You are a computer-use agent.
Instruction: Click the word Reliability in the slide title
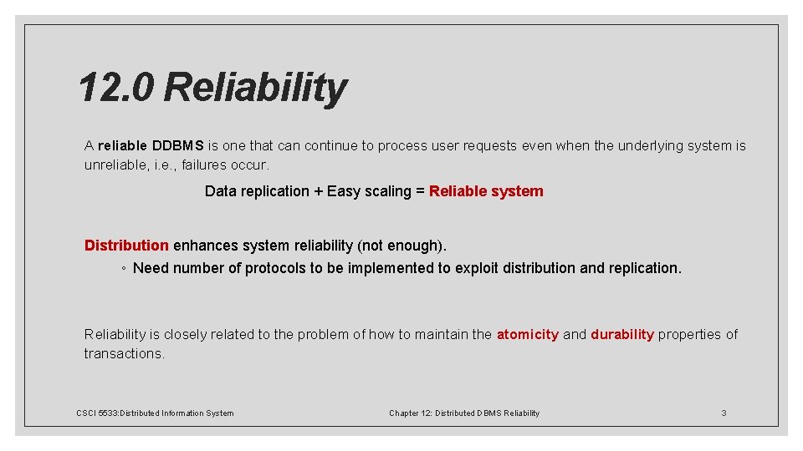click(x=256, y=88)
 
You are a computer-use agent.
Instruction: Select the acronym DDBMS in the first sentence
click(x=178, y=146)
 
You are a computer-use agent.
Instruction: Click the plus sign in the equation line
click(x=318, y=191)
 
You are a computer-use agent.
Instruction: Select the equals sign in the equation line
click(x=420, y=191)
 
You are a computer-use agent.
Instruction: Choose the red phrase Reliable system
click(x=486, y=191)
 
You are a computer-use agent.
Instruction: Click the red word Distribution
click(x=126, y=246)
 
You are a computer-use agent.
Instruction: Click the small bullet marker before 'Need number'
click(x=123, y=269)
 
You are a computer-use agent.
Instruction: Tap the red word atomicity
click(x=527, y=335)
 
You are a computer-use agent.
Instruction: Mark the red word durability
click(x=622, y=335)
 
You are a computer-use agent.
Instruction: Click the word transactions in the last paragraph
click(x=123, y=354)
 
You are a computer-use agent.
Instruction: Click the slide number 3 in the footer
click(x=724, y=413)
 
